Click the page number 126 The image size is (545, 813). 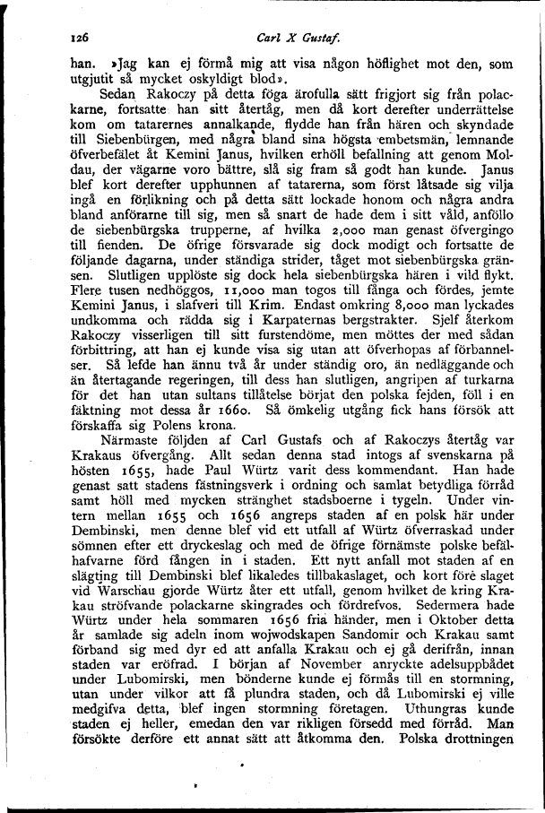click(84, 39)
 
